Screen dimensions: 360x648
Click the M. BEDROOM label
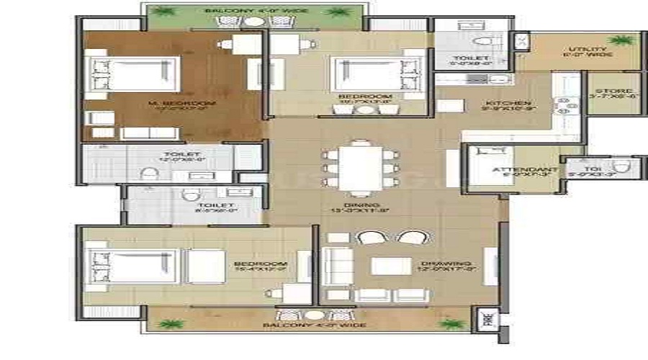[181, 104]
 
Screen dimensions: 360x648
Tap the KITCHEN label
[507, 104]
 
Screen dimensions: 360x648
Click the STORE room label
[614, 91]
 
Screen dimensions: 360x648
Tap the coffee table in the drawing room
[391, 266]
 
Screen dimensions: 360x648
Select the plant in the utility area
[618, 40]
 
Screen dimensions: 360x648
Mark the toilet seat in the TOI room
[625, 166]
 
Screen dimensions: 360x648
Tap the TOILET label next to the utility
[472, 58]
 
